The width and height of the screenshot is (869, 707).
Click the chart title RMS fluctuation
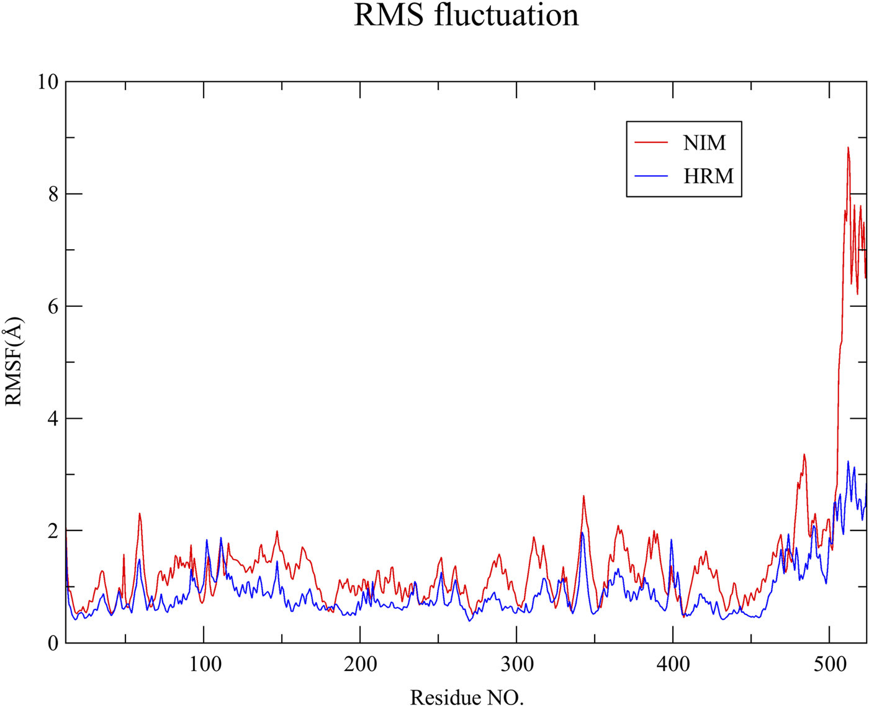tap(466, 16)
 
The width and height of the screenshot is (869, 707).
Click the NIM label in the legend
tap(705, 143)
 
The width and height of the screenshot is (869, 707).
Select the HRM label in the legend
tap(708, 176)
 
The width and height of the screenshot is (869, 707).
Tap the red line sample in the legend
tap(651, 143)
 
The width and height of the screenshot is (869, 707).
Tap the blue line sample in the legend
tap(651, 176)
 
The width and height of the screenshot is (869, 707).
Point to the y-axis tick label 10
tap(47, 82)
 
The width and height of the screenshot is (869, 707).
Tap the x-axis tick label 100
tap(204, 665)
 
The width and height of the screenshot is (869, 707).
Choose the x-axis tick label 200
tap(360, 665)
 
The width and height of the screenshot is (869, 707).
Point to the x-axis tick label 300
tap(516, 665)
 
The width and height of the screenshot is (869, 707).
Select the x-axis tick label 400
tap(673, 665)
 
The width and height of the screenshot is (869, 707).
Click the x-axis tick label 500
tap(829, 665)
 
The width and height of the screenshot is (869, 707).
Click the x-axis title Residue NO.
tap(467, 697)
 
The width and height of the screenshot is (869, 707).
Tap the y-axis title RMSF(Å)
tap(14, 362)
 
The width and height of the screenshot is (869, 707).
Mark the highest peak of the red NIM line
tap(848, 148)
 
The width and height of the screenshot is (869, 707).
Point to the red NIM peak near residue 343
tap(583, 496)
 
